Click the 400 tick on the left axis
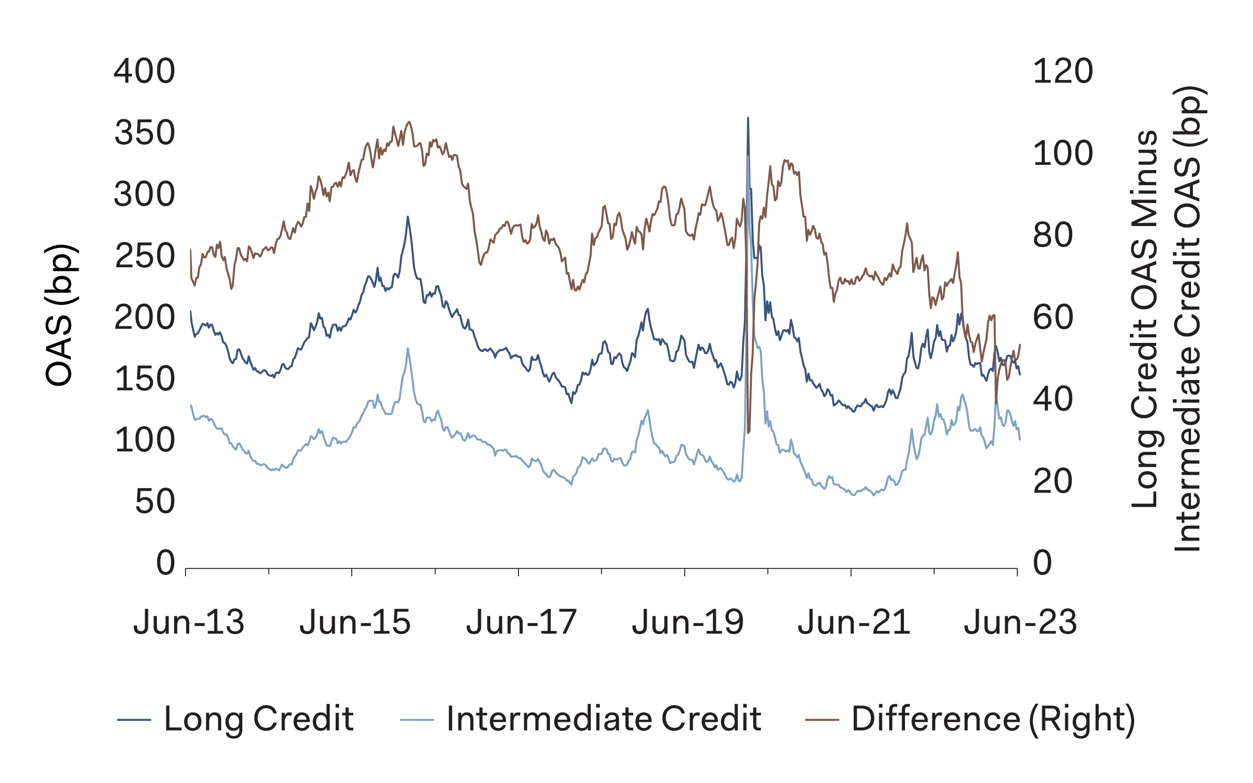pos(145,71)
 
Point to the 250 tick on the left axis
pos(145,256)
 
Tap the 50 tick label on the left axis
pos(155,502)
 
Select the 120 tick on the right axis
pos(1062,71)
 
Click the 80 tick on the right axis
pos(1052,236)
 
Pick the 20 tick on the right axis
pos(1052,481)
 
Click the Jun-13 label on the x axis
pos(189,622)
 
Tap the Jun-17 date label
pos(521,622)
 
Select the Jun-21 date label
pos(854,622)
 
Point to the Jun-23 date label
pos(1020,622)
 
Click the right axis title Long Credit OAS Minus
pos(1145,318)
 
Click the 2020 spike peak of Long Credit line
pos(748,118)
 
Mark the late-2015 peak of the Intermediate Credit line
pos(408,348)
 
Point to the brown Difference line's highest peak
pos(410,122)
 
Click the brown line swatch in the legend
pos(822,719)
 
